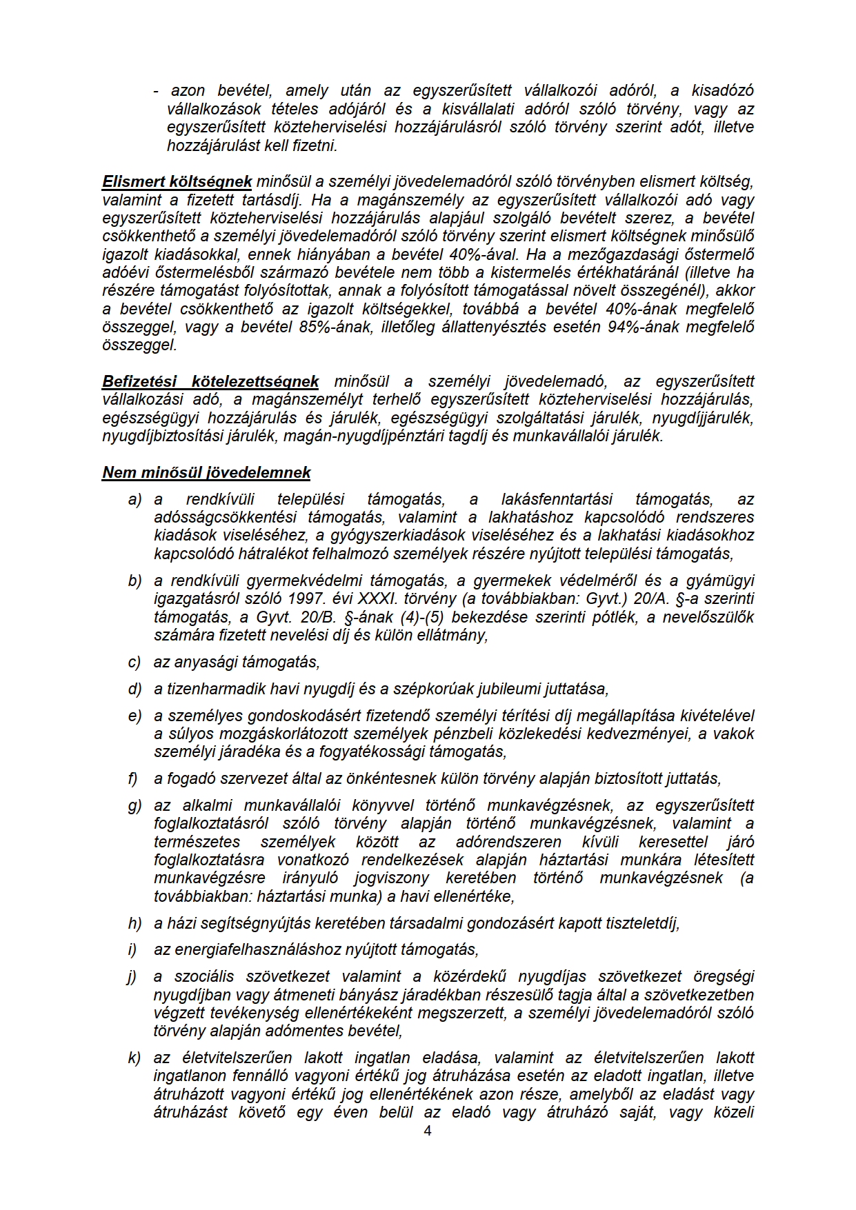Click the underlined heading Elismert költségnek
click(177, 182)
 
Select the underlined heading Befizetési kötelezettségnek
click(210, 381)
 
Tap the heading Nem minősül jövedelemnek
click(206, 472)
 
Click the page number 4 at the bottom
click(428, 1131)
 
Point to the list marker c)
click(135, 663)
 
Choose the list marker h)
click(135, 923)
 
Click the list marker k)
click(135, 1058)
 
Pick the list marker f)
click(133, 778)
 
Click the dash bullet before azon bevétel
click(157, 91)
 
